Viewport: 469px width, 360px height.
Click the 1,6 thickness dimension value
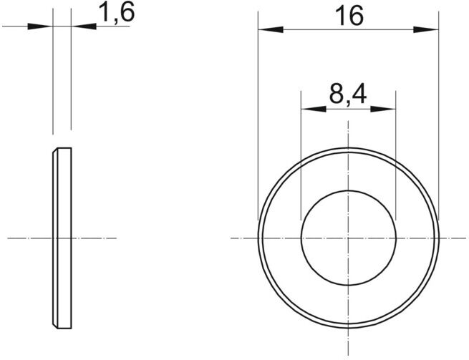117,12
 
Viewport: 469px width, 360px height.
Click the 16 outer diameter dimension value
349,16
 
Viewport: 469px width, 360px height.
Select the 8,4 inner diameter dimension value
348,94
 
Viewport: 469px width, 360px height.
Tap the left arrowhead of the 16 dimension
271,29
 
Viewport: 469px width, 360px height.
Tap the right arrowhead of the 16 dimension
426,29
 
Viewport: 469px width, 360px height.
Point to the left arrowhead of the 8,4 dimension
314,109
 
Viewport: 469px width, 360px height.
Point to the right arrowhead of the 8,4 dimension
383,109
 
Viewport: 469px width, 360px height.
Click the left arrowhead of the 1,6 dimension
40,26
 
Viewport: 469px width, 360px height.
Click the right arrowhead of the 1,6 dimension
84,26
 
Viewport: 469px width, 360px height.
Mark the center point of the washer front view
349,238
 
